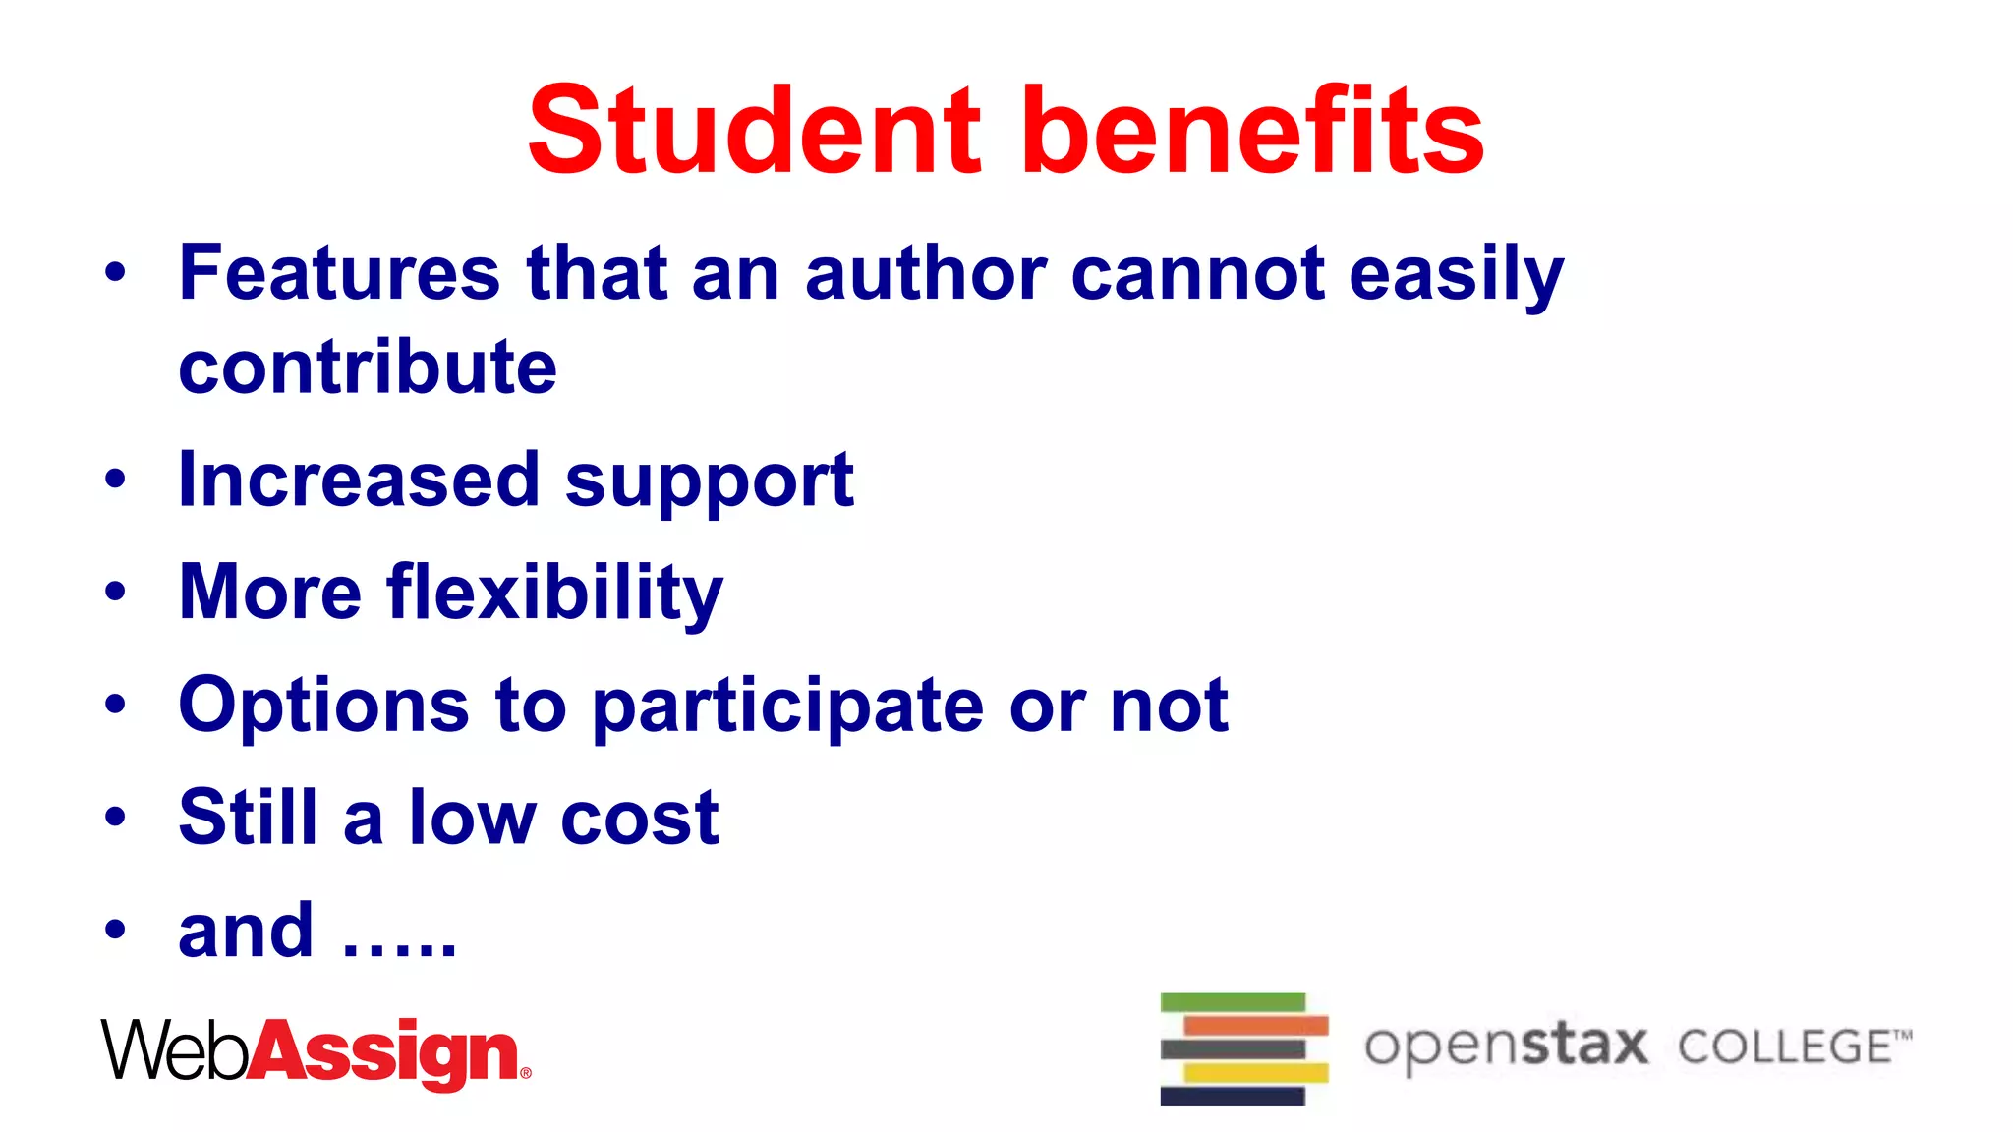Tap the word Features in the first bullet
[x=340, y=273]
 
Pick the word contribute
[x=368, y=368]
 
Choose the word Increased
[x=360, y=480]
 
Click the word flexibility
[x=555, y=594]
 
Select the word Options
[x=324, y=707]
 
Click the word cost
[x=640, y=819]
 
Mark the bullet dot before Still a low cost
[x=116, y=817]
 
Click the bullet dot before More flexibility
[x=116, y=592]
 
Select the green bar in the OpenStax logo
[x=1233, y=1002]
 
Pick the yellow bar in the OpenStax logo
[x=1256, y=1073]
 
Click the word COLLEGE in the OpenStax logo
[x=1784, y=1047]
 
